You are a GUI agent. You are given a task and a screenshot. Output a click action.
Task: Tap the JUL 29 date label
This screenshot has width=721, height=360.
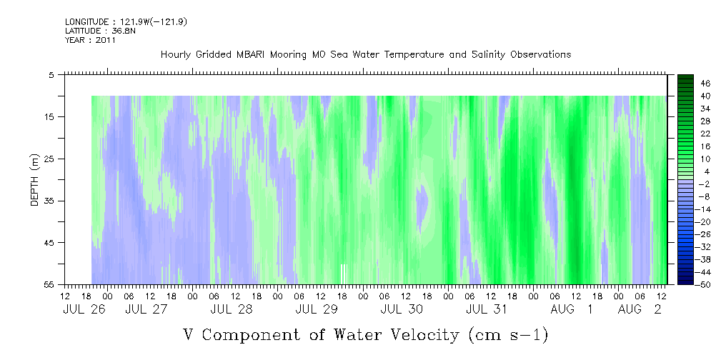click(316, 309)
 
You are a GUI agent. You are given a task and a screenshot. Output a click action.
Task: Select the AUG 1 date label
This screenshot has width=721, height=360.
click(571, 309)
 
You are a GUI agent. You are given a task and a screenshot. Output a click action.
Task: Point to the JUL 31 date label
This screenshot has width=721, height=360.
click(486, 309)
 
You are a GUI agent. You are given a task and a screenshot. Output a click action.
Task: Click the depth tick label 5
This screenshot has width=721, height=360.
click(52, 74)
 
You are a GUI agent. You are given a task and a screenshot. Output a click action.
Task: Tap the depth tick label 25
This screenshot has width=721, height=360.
click(50, 159)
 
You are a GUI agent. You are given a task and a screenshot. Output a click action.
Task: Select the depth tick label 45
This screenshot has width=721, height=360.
click(50, 243)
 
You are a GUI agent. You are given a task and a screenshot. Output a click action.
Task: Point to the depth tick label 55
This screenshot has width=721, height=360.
click(50, 285)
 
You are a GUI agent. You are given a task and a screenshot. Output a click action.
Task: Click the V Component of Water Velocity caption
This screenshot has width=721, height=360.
click(365, 334)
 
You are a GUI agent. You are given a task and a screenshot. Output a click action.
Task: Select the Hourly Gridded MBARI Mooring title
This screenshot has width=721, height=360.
click(365, 55)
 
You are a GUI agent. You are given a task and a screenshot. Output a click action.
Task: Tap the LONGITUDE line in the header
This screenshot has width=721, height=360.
click(126, 22)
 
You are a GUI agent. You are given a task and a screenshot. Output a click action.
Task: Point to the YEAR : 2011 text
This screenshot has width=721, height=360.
click(90, 41)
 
